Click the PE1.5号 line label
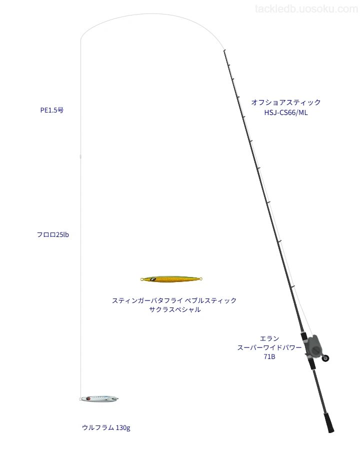52,110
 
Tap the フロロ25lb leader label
52,234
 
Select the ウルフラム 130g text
106,427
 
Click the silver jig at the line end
99,398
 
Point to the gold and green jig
171,279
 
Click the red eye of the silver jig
88,398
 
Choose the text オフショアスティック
286,102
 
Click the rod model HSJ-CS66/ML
286,112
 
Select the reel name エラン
269,338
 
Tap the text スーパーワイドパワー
269,347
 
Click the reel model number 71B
269,356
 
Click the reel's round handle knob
326,358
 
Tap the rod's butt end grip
329,422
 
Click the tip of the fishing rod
224,50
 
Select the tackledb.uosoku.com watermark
306,9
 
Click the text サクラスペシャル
175,309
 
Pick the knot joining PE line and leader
80,156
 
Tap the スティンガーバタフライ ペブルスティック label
174,300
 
